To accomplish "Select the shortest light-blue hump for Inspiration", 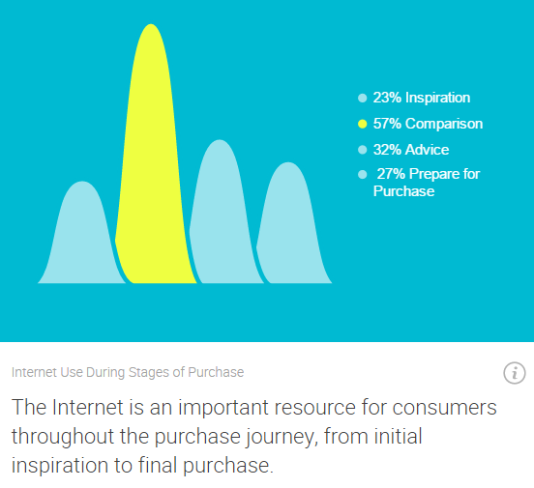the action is coord(81,239).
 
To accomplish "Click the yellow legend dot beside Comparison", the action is coord(363,124).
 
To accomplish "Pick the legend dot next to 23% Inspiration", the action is coord(363,98).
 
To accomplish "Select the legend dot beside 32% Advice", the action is coord(363,150).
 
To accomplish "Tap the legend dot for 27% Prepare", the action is coord(363,175).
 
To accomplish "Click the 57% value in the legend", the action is coord(387,124).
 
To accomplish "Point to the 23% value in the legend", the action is coord(387,98).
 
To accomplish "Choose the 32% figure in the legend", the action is coord(387,150).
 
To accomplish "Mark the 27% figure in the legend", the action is coord(391,174).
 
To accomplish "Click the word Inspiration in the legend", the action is coord(438,98).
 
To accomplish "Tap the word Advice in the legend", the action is coord(428,150).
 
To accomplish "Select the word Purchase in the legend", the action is coord(404,191).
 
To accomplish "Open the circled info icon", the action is coord(515,373).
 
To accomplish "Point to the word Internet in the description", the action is coord(88,407).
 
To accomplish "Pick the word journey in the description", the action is coord(282,437).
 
